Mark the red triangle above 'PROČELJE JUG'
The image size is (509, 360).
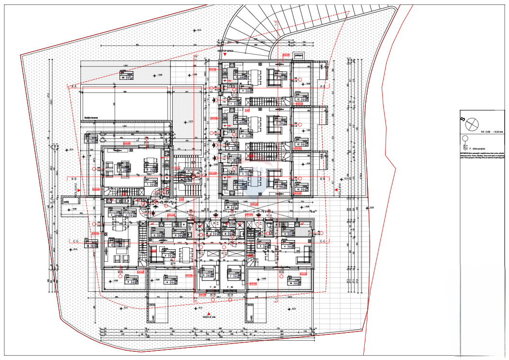pos(209,313)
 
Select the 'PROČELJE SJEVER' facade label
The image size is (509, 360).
pos(225,50)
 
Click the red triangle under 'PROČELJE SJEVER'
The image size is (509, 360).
pos(225,55)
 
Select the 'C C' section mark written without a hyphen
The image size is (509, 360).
pos(76,240)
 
